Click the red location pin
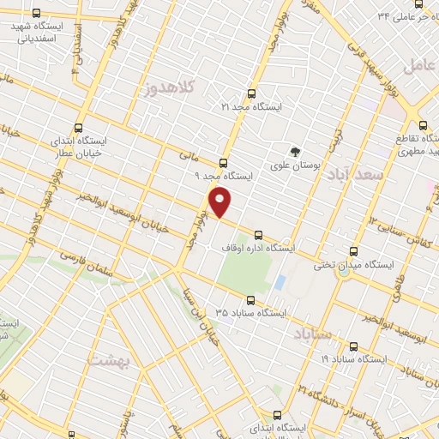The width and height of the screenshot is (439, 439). (220, 202)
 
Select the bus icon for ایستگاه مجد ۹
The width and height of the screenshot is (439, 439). (224, 162)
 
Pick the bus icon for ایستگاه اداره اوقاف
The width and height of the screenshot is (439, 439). (258, 234)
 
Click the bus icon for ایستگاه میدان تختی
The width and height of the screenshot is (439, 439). (355, 251)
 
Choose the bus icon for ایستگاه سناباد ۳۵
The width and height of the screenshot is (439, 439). (250, 300)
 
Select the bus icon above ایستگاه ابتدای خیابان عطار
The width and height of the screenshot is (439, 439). (79, 127)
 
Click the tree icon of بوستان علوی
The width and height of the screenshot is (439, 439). (295, 152)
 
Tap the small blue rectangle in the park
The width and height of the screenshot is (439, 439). (280, 282)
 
